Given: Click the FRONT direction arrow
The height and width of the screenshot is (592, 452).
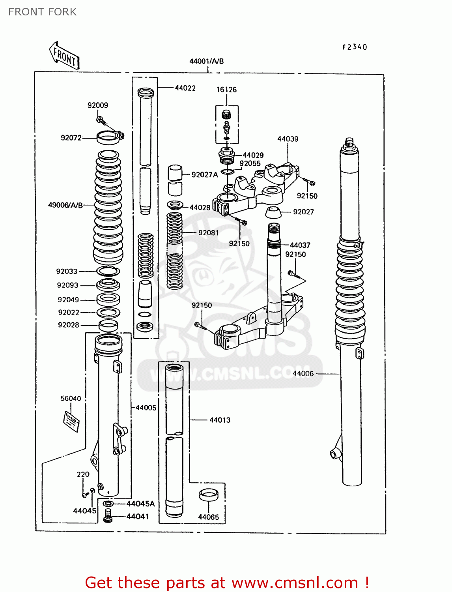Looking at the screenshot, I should coord(64,56).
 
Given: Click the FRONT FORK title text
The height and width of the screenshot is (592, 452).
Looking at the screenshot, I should coord(42,12).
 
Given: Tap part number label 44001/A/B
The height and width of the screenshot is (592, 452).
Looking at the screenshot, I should coord(206,61).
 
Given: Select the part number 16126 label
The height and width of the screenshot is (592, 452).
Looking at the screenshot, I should coord(226,90).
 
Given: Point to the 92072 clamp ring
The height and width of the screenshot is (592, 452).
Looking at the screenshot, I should coord(108,138).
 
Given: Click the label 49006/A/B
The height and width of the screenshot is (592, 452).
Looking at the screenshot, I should coord(65,205).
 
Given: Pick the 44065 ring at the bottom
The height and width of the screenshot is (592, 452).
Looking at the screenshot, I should coord(208,495).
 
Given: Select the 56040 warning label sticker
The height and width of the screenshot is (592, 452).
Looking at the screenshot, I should coord(72,421).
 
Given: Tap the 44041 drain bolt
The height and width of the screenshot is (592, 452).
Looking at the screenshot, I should coord(108,516).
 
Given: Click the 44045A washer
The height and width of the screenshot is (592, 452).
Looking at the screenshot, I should coord(108,504).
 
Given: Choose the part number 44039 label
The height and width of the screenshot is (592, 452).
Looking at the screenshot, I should coord(288,139).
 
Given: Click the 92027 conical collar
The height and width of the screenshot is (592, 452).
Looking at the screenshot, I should coord(273,212).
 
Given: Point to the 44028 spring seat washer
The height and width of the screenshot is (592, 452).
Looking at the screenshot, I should coord(175,205).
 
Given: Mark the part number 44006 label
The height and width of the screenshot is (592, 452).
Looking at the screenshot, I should coord(303,373).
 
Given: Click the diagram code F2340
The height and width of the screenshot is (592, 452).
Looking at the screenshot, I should coord(355,47).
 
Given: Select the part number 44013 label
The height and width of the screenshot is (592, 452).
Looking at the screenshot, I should coord(220,420).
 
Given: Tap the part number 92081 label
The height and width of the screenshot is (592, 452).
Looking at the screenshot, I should coord(208,233).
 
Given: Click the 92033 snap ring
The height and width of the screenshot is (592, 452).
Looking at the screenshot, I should coord(108,271).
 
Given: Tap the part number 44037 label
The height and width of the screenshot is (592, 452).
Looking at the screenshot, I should coord(300,245).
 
